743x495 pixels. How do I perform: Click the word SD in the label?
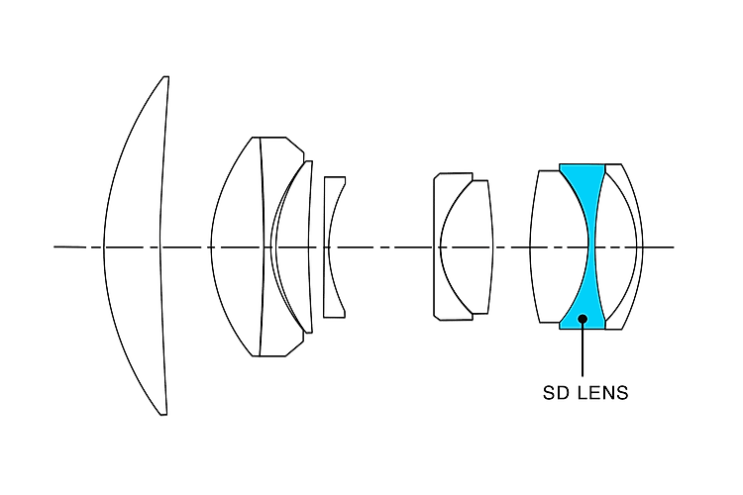(554, 393)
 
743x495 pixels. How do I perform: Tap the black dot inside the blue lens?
(583, 319)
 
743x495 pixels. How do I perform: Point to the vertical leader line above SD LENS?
(583, 349)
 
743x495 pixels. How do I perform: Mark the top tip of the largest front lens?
(165, 77)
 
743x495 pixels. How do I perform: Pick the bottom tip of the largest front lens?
(163, 415)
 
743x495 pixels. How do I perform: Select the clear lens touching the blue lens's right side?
(615, 247)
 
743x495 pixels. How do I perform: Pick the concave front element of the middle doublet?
(442, 247)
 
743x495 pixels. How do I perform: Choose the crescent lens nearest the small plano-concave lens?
(292, 247)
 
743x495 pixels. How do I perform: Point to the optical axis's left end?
(54, 247)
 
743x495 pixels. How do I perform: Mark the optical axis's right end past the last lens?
(674, 247)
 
